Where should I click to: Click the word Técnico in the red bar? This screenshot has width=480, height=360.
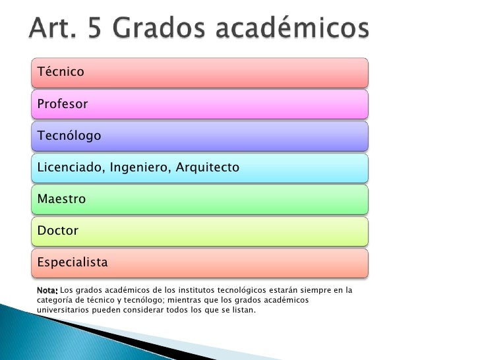click(x=61, y=71)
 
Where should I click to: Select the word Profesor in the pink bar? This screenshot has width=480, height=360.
click(x=63, y=104)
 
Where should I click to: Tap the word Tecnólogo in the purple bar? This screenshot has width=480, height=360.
click(x=69, y=136)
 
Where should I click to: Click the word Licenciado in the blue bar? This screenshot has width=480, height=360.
click(x=67, y=167)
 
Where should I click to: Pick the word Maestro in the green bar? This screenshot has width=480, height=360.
click(x=62, y=199)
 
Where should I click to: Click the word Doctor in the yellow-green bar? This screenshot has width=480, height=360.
click(x=58, y=231)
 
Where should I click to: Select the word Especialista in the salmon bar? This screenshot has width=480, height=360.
click(x=72, y=262)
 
